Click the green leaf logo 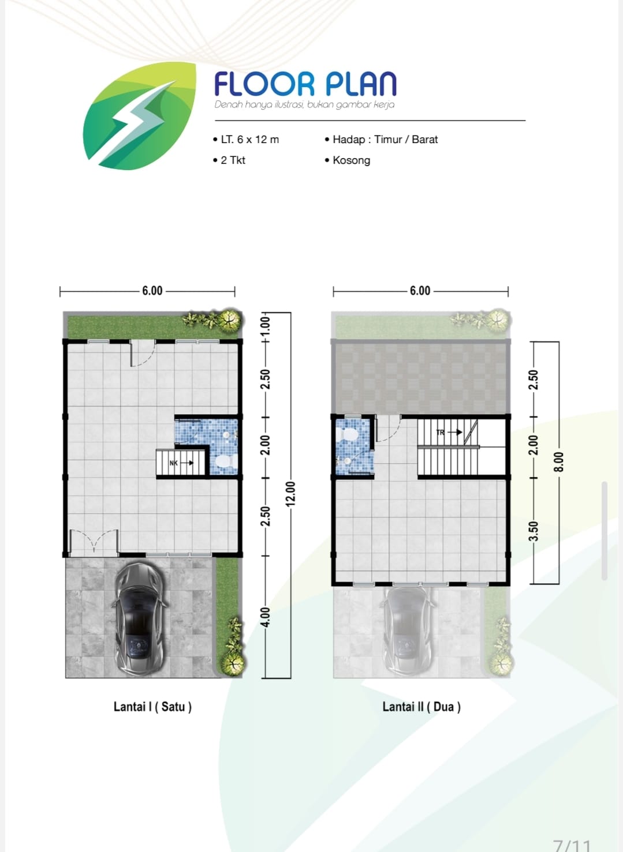[x=139, y=116]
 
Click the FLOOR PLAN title [x=305, y=84]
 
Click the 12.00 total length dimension [x=290, y=494]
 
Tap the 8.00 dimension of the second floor [x=558, y=462]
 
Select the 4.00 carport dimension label [x=266, y=617]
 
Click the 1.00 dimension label [x=266, y=326]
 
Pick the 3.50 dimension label [x=534, y=531]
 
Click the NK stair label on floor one [x=174, y=463]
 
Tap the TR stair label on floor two [x=441, y=433]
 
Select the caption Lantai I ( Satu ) [x=152, y=707]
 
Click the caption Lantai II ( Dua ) [x=421, y=707]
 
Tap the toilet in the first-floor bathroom [x=226, y=461]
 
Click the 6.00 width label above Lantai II [x=420, y=291]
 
